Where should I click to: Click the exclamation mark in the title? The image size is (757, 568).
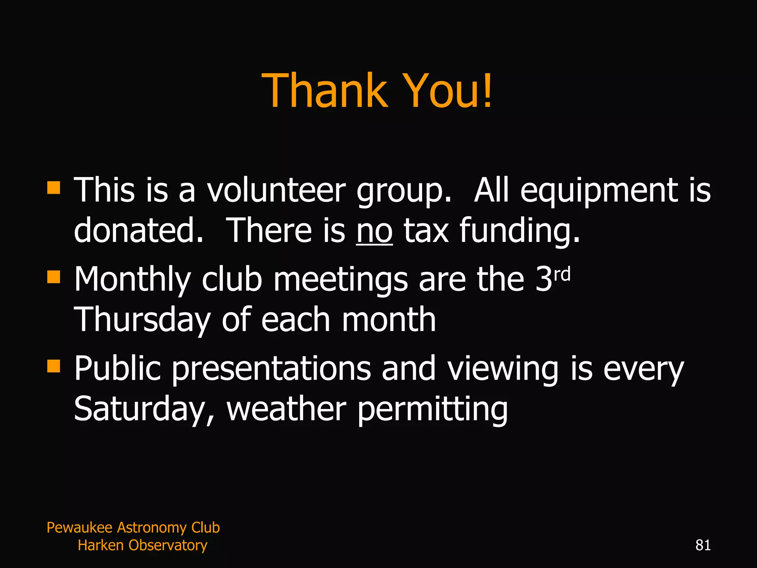pyautogui.click(x=488, y=91)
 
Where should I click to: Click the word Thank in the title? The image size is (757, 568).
pyautogui.click(x=325, y=91)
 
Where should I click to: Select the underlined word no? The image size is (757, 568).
pyautogui.click(x=374, y=231)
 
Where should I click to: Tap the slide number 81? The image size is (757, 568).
pyautogui.click(x=703, y=545)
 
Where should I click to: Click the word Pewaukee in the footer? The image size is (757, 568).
pyautogui.click(x=79, y=527)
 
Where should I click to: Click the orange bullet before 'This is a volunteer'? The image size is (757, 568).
pyautogui.click(x=54, y=187)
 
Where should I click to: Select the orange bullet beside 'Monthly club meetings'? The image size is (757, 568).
pyautogui.click(x=54, y=277)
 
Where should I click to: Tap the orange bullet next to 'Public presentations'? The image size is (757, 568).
pyautogui.click(x=54, y=366)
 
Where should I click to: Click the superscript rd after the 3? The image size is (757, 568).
pyautogui.click(x=562, y=275)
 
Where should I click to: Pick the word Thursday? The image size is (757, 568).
pyautogui.click(x=142, y=320)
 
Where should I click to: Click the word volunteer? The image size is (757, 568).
pyautogui.click(x=276, y=190)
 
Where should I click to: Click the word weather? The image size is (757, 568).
pyautogui.click(x=286, y=409)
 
